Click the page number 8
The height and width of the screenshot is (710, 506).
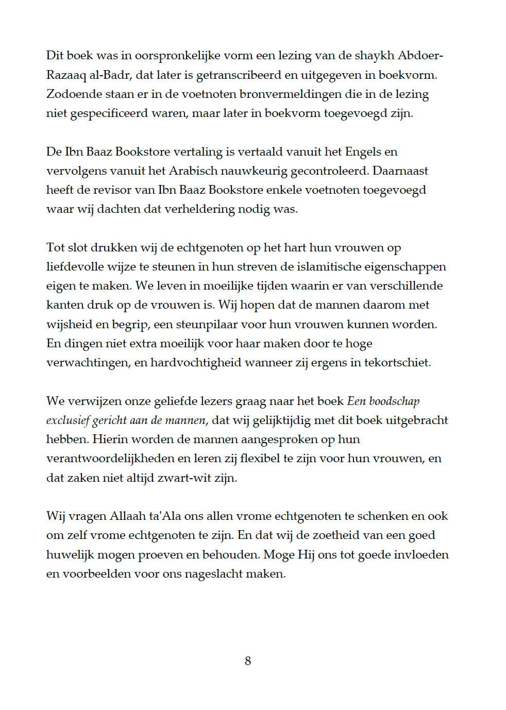(x=248, y=661)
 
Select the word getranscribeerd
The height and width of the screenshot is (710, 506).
(x=239, y=75)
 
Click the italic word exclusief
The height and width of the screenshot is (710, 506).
(x=68, y=420)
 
